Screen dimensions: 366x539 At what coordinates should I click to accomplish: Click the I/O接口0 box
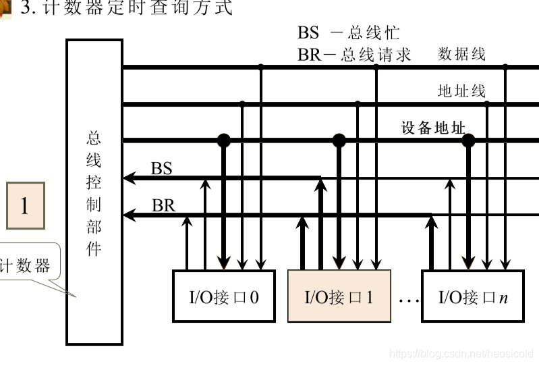point(224,296)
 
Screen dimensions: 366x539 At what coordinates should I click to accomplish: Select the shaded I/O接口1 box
point(339,296)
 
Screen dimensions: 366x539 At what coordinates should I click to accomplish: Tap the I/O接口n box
point(472,296)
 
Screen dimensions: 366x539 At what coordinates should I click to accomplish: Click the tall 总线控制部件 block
point(94,192)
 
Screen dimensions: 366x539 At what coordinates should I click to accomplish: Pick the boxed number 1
point(26,205)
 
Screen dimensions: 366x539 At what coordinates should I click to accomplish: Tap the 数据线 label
point(461,54)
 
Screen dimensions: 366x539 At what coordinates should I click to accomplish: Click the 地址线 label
point(461,90)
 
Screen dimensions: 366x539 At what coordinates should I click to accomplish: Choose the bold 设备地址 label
point(433,128)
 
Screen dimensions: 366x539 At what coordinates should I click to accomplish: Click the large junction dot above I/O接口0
point(223,140)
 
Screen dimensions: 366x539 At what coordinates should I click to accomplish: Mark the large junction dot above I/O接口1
point(339,140)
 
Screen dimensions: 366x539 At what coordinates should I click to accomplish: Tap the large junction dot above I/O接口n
point(467,140)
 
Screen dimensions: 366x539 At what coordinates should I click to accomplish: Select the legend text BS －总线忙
point(348,32)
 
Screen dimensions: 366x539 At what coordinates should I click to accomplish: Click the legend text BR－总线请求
point(354,54)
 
